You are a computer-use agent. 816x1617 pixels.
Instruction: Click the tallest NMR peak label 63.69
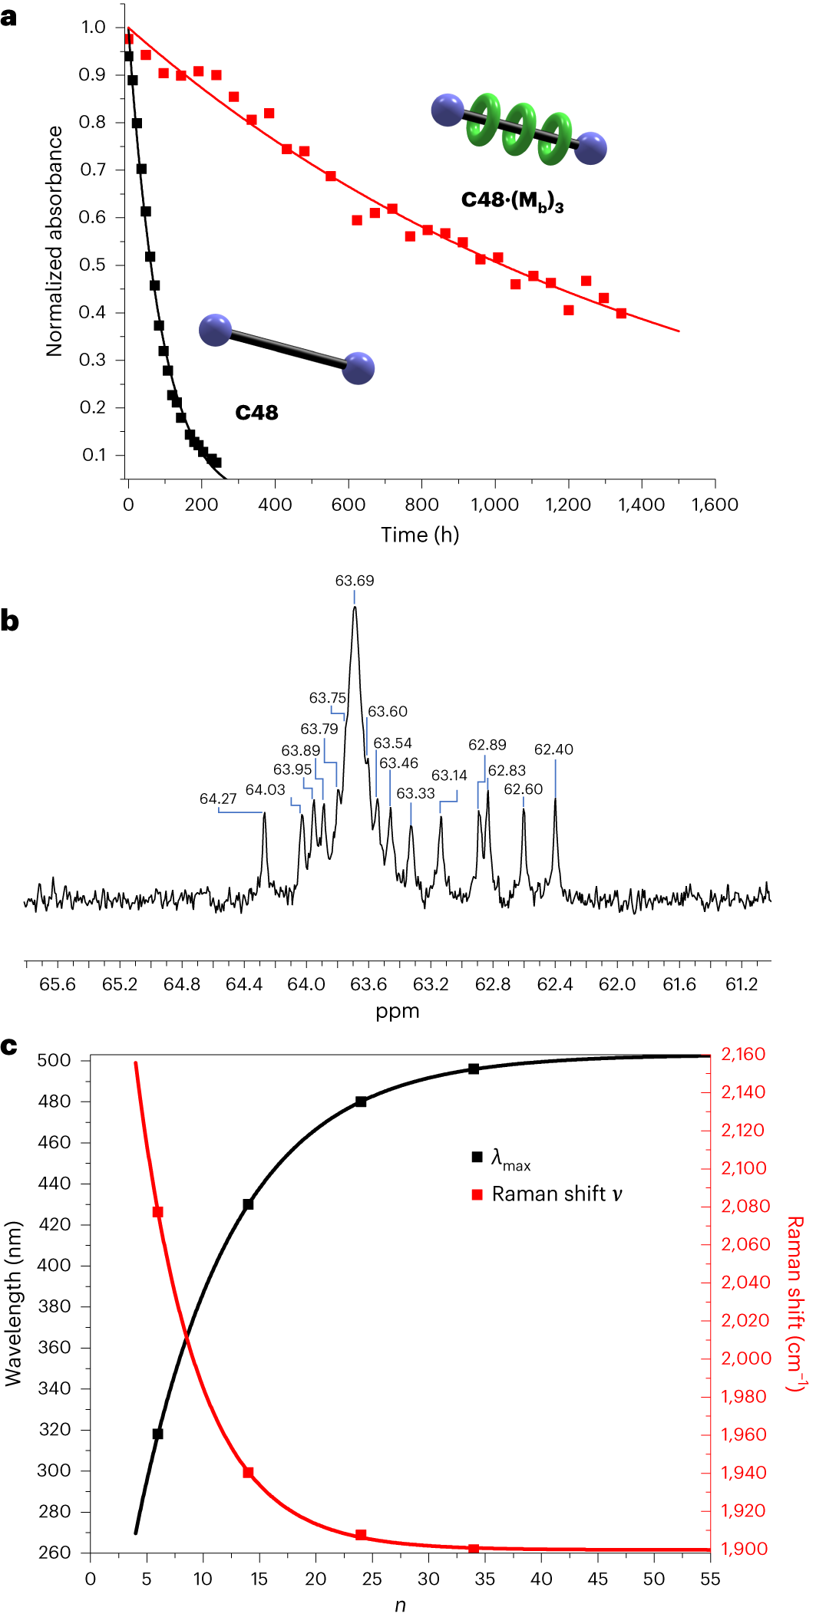coord(355,581)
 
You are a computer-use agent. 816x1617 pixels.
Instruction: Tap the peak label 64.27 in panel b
coord(218,799)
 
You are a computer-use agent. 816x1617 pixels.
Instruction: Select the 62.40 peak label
coord(553,749)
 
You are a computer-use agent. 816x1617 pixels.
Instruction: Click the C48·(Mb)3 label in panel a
coord(512,201)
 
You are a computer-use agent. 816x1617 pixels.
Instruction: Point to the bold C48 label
coord(256,413)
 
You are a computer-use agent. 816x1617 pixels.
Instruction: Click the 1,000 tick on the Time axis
coord(494,505)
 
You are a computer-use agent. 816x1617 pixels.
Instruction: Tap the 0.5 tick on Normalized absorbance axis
coord(92,265)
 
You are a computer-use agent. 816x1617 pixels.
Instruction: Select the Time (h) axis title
coord(420,535)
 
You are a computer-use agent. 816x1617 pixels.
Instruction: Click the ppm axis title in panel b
coord(397,1011)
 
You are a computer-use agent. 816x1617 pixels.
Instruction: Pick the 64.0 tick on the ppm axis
coord(306,984)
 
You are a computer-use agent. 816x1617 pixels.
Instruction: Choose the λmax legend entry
coord(510,1158)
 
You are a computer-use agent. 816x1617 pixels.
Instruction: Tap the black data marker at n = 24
coord(361,1102)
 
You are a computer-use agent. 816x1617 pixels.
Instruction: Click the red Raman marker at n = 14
coord(248,1473)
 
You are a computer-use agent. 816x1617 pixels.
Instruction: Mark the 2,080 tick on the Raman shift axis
coord(745,1207)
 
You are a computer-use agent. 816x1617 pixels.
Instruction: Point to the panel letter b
coord(9,621)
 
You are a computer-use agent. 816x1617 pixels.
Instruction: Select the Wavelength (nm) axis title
coord(13,1303)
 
